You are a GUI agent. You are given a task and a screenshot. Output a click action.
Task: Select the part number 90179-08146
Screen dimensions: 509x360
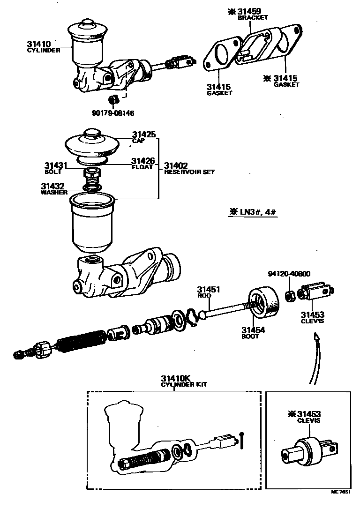(109, 113)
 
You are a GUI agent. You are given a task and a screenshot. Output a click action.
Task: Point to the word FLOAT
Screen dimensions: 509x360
(142, 167)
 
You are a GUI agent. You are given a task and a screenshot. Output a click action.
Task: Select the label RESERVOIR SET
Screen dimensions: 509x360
(189, 172)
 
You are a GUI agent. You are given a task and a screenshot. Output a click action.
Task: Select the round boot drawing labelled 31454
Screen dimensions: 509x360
(262, 305)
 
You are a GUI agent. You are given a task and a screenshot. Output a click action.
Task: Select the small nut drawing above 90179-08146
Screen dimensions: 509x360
(112, 99)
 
